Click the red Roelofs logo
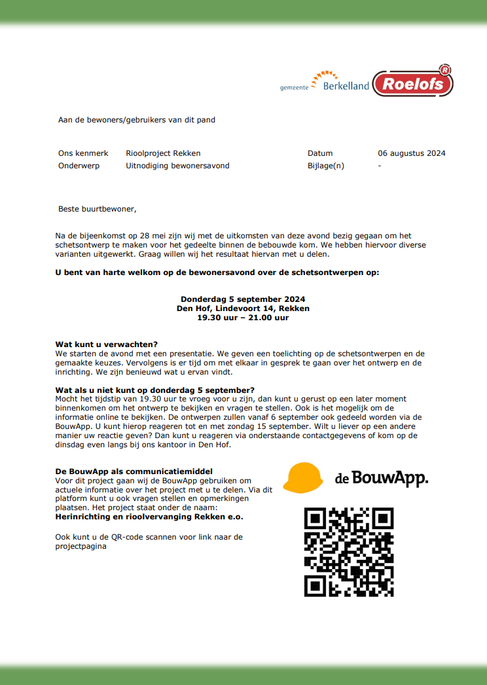click(413, 83)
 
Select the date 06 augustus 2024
click(411, 153)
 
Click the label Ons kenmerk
click(83, 153)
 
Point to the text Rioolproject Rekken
click(163, 153)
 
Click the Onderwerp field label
click(79, 166)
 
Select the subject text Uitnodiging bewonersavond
click(177, 166)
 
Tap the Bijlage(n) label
click(325, 166)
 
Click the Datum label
click(320, 153)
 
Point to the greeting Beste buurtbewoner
click(98, 209)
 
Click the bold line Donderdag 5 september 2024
click(243, 299)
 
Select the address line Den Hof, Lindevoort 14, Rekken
click(243, 308)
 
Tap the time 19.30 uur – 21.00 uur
click(243, 318)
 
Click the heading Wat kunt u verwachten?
click(107, 344)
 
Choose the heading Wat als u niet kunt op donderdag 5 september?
click(155, 390)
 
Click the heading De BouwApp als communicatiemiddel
click(134, 472)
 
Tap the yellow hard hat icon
click(304, 477)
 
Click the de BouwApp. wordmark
click(382, 479)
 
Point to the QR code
click(349, 552)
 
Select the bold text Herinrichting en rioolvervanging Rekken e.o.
click(149, 517)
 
